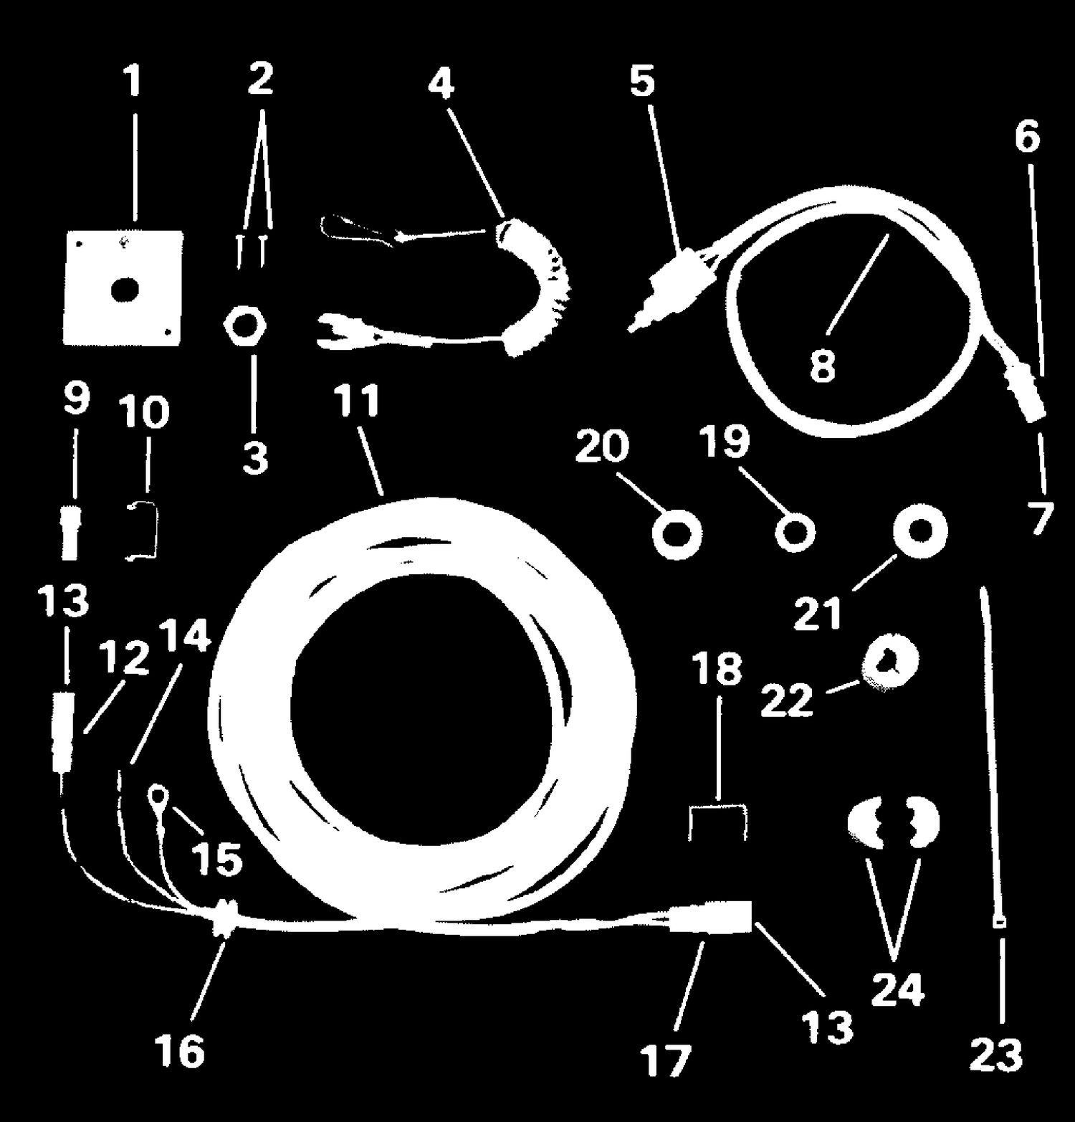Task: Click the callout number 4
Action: click(441, 85)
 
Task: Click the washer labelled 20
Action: click(676, 534)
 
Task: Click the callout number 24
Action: click(898, 990)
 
